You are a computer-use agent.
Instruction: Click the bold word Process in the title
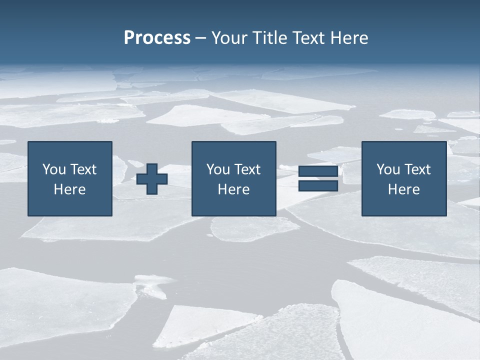click(157, 37)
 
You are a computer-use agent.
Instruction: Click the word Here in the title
click(349, 37)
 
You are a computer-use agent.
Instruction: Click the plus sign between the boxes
click(152, 179)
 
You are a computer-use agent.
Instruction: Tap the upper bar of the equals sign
click(318, 171)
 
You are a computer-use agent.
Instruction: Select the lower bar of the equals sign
click(318, 186)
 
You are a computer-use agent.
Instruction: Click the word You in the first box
click(54, 169)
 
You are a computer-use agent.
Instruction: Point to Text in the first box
click(83, 169)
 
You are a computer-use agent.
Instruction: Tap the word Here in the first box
click(69, 189)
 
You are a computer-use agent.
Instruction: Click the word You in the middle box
click(218, 169)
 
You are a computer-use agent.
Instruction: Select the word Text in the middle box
click(247, 169)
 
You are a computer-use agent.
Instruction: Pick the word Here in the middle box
click(233, 189)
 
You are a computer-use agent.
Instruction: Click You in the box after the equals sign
click(388, 169)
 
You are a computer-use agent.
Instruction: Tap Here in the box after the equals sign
click(404, 189)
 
